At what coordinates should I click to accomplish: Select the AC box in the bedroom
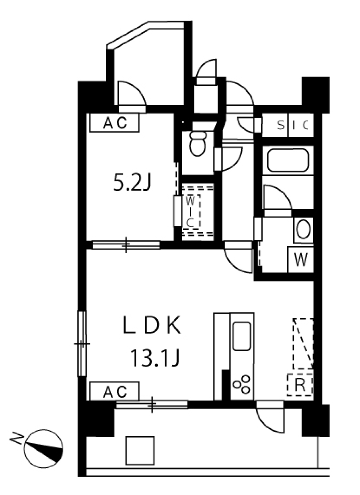114,123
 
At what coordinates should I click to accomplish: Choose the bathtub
288,160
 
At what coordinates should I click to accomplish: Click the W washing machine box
300,260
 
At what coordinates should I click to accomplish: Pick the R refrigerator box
300,385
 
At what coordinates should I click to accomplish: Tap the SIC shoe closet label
293,125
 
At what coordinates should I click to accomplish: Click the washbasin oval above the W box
303,230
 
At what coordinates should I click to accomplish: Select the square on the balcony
140,450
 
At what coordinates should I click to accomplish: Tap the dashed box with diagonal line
303,344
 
